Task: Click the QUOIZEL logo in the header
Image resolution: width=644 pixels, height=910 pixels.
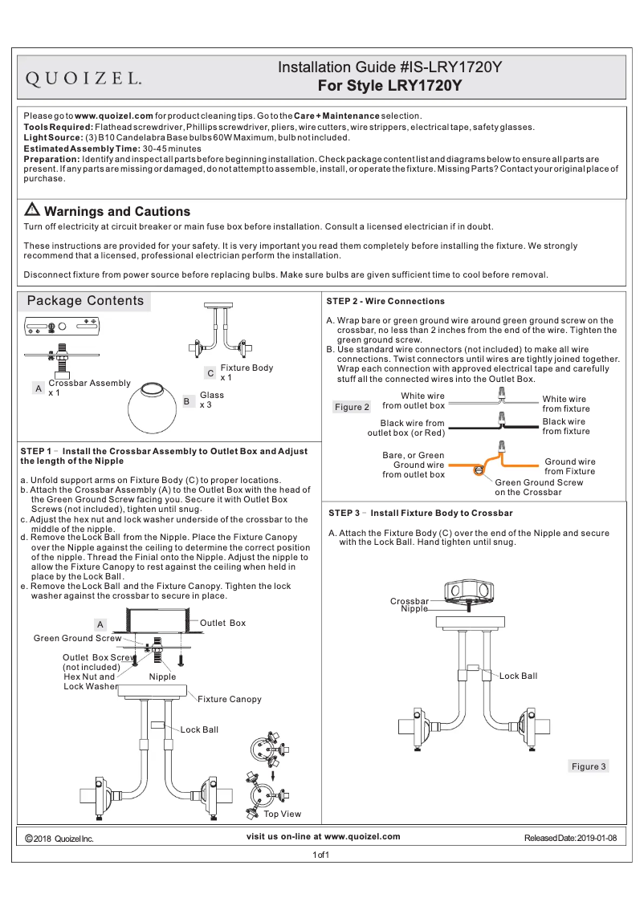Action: [85, 78]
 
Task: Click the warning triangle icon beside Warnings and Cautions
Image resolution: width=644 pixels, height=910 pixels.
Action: [32, 210]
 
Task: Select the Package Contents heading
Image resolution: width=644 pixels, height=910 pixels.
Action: [85, 301]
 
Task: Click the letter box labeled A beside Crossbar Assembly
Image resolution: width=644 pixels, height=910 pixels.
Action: [38, 388]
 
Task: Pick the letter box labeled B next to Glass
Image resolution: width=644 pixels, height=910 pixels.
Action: [185, 400]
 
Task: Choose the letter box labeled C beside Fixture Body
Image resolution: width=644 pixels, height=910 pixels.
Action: [210, 373]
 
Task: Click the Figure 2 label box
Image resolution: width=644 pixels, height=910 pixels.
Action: [351, 407]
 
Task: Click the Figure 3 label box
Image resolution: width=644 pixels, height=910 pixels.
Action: [589, 766]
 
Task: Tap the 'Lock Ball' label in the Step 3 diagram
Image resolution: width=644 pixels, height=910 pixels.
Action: [518, 676]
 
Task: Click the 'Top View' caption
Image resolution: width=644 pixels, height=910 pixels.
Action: [283, 814]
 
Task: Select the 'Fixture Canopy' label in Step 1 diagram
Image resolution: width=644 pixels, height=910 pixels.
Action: [230, 699]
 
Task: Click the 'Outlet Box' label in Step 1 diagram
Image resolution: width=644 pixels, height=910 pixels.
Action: [222, 623]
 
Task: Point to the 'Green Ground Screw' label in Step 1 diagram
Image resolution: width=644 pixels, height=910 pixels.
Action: [77, 638]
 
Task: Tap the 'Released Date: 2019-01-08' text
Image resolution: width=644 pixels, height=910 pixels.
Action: [570, 838]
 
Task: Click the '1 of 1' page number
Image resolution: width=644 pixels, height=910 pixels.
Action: [321, 855]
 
